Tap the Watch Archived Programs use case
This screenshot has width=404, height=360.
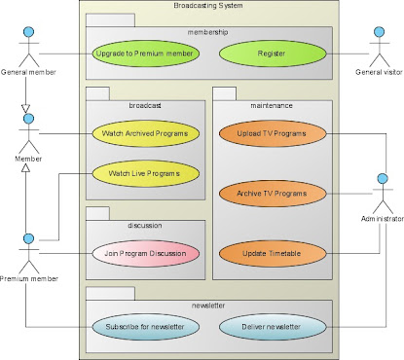point(145,132)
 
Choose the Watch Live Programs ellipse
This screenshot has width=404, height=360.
point(145,174)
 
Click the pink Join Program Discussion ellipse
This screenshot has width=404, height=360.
point(145,255)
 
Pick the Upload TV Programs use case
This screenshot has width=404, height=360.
point(272,132)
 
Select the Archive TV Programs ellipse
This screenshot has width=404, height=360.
point(272,194)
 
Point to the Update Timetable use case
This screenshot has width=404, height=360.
point(272,255)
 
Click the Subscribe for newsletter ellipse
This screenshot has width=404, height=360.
point(145,326)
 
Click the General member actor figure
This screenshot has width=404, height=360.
point(28,45)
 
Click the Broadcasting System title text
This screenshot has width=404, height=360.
point(208,7)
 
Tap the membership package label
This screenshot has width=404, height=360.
point(208,31)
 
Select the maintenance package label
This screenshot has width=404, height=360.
point(272,106)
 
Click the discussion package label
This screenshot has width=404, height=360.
point(145,225)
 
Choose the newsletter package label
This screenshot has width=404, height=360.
point(208,305)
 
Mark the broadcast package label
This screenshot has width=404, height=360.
point(145,106)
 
